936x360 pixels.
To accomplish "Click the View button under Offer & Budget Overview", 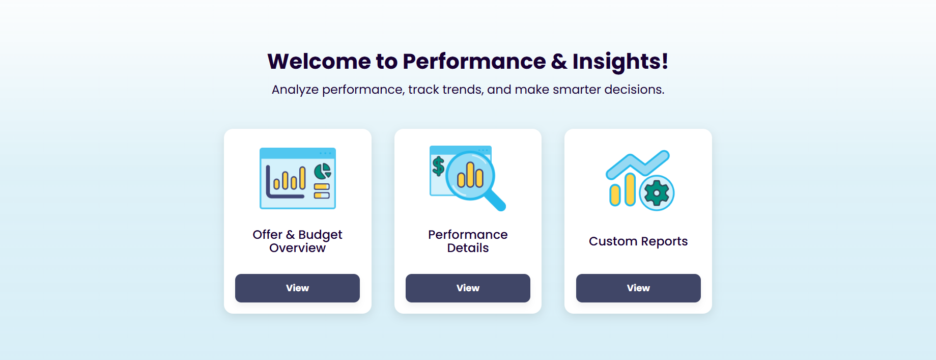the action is (297, 288).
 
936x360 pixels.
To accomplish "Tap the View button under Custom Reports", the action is (638, 288).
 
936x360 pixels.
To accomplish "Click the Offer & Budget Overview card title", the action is (297, 241).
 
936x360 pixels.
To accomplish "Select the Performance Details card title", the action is (468, 241).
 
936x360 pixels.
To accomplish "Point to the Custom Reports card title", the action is (638, 241).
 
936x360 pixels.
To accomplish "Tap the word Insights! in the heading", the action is (620, 62).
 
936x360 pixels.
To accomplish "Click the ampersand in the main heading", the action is (559, 61).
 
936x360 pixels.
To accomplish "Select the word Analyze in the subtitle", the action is (295, 90).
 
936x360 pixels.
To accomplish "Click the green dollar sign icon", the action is (438, 166).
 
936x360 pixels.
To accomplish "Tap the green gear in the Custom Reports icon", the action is (657, 193).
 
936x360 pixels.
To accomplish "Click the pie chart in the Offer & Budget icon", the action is (322, 171).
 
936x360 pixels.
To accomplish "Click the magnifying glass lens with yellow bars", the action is (470, 175).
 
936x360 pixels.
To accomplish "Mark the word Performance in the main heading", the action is (474, 61).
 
